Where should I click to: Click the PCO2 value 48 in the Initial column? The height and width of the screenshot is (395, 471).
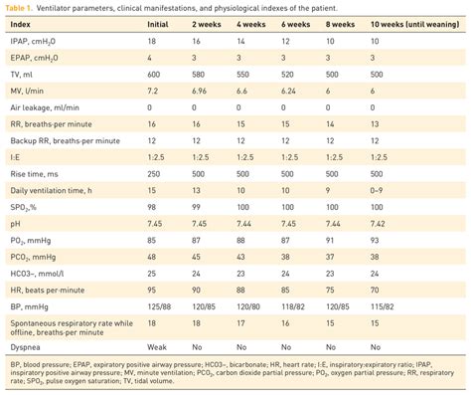click(x=182, y=255)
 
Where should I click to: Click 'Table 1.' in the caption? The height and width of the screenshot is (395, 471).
click(x=24, y=8)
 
